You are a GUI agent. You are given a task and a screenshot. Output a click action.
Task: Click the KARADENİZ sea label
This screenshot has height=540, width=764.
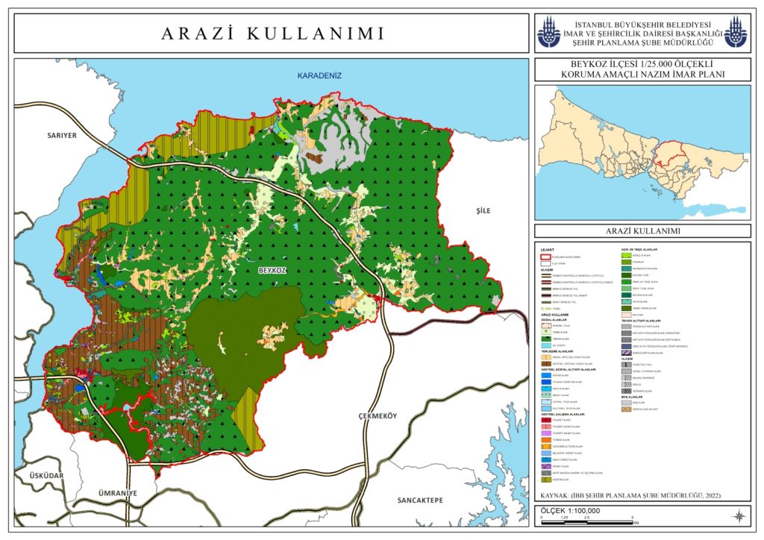point(319,76)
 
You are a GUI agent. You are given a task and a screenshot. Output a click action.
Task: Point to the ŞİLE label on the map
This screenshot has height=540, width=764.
point(483,211)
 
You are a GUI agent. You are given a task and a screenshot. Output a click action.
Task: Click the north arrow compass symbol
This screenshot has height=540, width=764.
point(738,515)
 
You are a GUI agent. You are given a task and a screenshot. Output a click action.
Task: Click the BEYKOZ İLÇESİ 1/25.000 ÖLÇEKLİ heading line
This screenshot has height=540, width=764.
point(642,65)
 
